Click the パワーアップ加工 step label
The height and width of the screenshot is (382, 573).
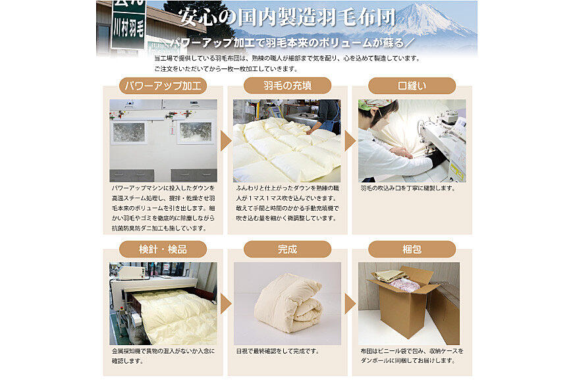pyautogui.click(x=163, y=86)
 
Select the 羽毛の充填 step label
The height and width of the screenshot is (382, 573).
pyautogui.click(x=287, y=86)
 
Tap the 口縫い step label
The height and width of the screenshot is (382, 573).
pyautogui.click(x=412, y=86)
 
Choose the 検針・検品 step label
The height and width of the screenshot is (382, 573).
pyautogui.click(x=163, y=250)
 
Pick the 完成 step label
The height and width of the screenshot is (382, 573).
pyautogui.click(x=287, y=250)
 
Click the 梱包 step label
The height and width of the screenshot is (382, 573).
pyautogui.click(x=412, y=250)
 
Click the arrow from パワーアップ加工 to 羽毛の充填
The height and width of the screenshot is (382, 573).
pyautogui.click(x=225, y=141)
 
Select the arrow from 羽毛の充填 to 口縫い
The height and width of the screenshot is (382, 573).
pyautogui.click(x=350, y=141)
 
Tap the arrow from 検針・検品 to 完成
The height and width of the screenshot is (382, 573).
pyautogui.click(x=225, y=304)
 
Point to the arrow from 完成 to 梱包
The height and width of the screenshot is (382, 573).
pyautogui.click(x=350, y=304)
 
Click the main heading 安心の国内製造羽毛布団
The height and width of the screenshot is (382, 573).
pyautogui.click(x=287, y=17)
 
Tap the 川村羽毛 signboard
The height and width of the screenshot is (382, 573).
pyautogui.click(x=128, y=24)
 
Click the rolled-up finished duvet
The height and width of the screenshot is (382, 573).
pyautogui.click(x=288, y=304)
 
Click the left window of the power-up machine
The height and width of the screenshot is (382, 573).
pyautogui.click(x=128, y=132)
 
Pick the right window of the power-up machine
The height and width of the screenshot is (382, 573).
pyautogui.click(x=196, y=132)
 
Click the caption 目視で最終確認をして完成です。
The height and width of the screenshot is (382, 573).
pyautogui.click(x=278, y=351)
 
